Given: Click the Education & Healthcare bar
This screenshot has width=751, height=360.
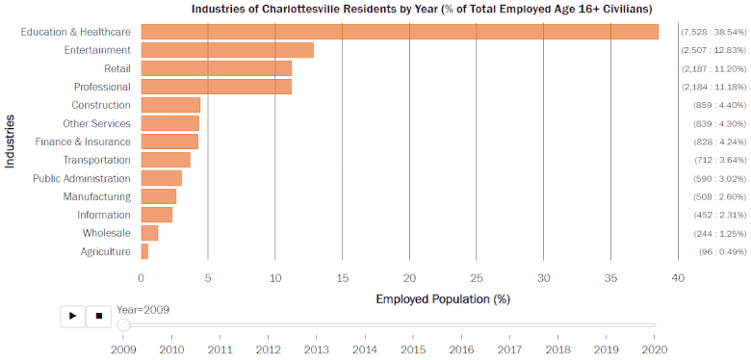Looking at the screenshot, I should (400, 32).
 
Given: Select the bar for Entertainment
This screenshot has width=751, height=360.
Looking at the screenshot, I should (227, 50).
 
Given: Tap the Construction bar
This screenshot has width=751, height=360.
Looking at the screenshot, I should (170, 105).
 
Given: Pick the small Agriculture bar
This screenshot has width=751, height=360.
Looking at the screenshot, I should (144, 251).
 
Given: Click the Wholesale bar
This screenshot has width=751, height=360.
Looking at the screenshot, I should (149, 233).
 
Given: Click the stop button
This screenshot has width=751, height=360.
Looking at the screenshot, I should (98, 316).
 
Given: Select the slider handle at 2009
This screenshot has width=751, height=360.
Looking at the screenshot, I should (123, 325).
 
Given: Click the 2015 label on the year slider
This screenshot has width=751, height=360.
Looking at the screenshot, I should (413, 348).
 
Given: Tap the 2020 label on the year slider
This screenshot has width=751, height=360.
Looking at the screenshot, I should (655, 348).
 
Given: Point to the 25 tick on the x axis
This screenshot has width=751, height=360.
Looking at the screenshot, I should (477, 278).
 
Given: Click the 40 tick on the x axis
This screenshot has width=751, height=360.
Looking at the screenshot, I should (678, 278).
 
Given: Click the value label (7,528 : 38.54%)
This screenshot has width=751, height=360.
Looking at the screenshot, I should (713, 32).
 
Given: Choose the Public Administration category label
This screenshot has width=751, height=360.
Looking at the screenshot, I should (82, 178).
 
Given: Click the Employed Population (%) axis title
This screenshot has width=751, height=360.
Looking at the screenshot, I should (442, 298).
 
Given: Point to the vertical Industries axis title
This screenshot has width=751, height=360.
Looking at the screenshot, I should (11, 141).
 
